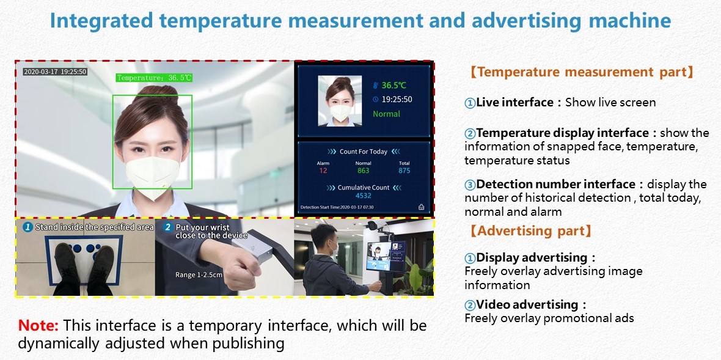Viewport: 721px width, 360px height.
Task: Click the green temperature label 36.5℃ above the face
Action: pos(153,78)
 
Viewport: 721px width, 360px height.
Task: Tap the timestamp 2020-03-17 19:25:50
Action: pos(55,72)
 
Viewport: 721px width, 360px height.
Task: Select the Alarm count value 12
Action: pos(323,171)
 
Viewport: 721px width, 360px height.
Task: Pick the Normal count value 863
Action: pos(364,171)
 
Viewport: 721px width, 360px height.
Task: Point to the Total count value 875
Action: pos(404,171)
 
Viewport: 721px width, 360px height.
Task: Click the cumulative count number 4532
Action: pos(364,196)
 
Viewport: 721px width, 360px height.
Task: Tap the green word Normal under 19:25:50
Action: pos(386,114)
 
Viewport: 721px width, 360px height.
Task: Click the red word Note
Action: pos(38,326)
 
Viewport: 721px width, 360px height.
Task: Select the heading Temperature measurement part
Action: pos(582,72)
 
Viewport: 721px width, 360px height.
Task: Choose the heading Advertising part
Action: pos(530,231)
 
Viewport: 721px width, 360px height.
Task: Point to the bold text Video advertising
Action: pos(527,304)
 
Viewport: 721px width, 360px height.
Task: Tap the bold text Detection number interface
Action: pos(556,185)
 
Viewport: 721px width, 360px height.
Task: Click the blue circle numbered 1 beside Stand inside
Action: pos(28,227)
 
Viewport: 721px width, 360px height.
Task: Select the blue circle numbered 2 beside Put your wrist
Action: pos(167,227)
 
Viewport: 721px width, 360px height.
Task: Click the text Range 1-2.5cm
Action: pos(199,276)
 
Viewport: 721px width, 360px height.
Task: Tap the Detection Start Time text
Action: pos(337,207)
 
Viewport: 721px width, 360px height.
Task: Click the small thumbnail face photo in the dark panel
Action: pos(341,101)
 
